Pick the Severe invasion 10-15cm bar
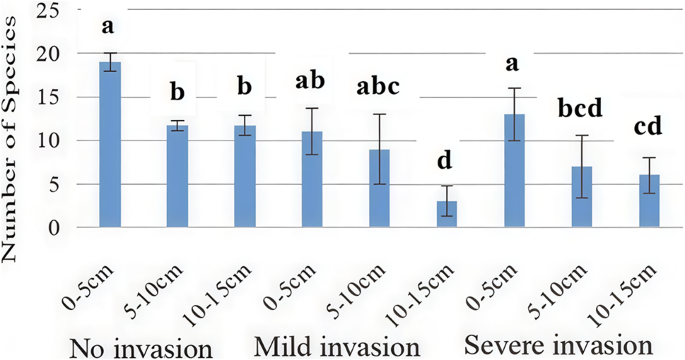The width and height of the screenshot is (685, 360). click(x=649, y=201)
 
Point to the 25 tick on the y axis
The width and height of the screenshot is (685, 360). click(x=41, y=10)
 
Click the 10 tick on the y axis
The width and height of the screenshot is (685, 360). click(x=41, y=141)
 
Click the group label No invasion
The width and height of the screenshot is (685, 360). click(x=142, y=347)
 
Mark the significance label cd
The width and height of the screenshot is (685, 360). click(x=649, y=128)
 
